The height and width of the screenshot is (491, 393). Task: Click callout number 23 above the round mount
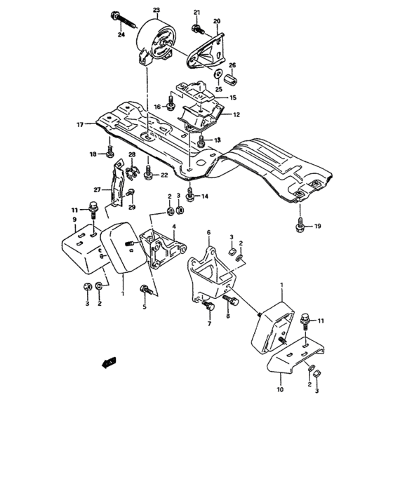[x=156, y=9]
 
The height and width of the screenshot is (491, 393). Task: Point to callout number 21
[x=196, y=13]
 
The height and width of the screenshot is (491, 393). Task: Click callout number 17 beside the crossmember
[x=81, y=124]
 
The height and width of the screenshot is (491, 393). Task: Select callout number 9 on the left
[x=74, y=220]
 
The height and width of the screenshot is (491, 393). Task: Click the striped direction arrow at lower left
[x=108, y=363]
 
